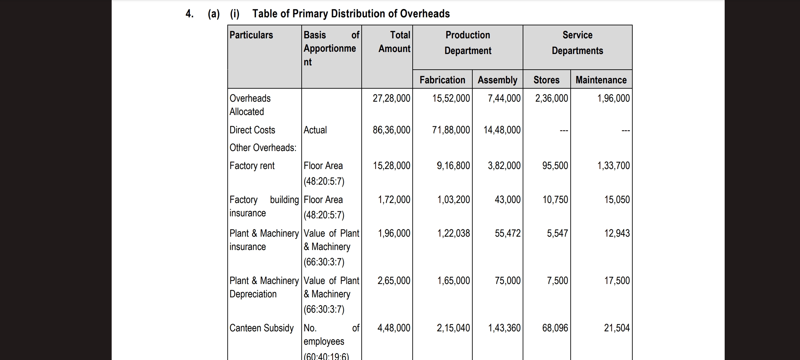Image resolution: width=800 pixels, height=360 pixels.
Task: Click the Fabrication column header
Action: (442, 80)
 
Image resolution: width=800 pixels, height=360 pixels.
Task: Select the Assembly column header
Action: (497, 80)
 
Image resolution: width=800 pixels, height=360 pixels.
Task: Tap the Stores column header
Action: (546, 80)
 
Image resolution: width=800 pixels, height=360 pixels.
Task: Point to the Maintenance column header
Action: (601, 80)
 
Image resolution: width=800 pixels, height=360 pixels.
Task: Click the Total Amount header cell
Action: (394, 42)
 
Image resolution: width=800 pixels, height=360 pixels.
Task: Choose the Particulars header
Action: (251, 35)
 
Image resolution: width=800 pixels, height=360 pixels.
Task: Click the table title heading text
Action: (351, 14)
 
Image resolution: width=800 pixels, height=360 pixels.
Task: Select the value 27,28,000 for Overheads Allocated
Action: (391, 98)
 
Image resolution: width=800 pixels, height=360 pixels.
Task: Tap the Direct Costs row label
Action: (252, 130)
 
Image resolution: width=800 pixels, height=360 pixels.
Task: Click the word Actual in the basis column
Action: (315, 130)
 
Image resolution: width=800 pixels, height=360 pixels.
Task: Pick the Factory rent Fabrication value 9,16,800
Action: (453, 166)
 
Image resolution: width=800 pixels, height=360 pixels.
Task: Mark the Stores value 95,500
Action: (555, 166)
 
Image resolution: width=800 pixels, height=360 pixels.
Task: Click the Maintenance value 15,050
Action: (617, 200)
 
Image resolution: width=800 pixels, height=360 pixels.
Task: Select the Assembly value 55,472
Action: (508, 233)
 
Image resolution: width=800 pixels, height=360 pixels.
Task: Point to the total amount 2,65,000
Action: (394, 281)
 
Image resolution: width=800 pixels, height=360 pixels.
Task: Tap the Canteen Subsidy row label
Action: (262, 328)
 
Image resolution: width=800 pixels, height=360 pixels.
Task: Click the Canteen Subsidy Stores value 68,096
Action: (555, 328)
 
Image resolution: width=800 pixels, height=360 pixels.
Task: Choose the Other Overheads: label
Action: (263, 148)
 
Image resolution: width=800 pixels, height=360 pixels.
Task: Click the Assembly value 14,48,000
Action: (502, 130)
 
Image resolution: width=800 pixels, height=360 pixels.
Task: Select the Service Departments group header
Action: (577, 43)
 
